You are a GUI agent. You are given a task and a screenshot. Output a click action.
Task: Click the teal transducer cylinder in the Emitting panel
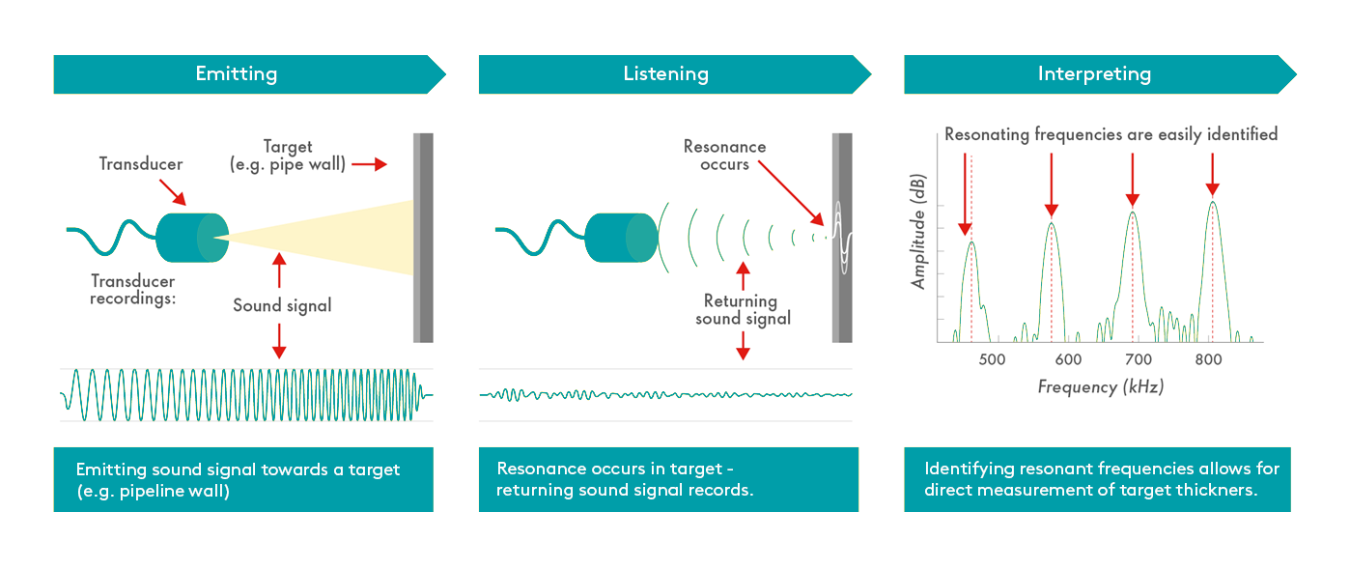[x=192, y=238]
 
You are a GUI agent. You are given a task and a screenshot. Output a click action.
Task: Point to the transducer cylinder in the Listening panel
[x=621, y=238]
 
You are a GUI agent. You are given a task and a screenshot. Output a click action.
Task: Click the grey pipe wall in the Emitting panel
[x=423, y=238]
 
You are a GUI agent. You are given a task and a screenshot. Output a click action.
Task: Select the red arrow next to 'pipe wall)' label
[x=369, y=164]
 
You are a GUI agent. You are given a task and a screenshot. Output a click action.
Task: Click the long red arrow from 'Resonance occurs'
[x=791, y=193]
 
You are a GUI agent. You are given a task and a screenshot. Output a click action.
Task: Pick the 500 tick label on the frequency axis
[x=992, y=359]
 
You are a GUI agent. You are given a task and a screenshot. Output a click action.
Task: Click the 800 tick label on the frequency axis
[x=1208, y=359]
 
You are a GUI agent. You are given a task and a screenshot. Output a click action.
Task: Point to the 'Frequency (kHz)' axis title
[x=1101, y=386]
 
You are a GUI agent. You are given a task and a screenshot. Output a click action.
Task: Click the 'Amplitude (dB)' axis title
[x=918, y=232]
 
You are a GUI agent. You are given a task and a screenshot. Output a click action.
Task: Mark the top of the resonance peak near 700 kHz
[x=1133, y=212]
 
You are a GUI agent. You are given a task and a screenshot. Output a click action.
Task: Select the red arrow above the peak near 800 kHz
[x=1213, y=174]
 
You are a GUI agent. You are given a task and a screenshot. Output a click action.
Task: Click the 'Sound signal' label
[x=282, y=305]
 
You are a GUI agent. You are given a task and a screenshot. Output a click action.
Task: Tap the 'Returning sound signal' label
[x=743, y=309]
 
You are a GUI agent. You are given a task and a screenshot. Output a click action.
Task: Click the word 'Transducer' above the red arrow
[x=141, y=164]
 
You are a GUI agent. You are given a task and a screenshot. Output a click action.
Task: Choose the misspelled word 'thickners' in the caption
[x=1218, y=490]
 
